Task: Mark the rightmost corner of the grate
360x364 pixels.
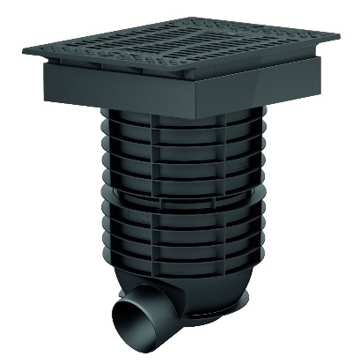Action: click(x=341, y=36)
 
